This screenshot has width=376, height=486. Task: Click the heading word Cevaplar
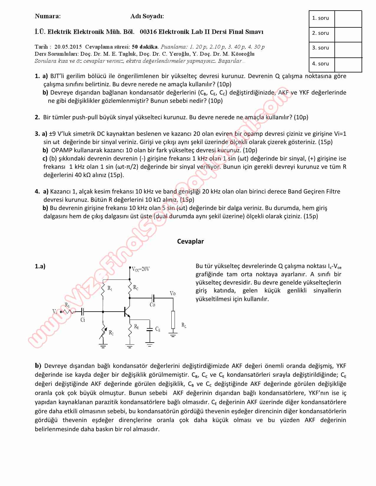point(190,241)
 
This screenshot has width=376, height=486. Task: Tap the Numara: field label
point(48,16)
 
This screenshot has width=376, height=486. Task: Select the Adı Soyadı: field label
point(147,16)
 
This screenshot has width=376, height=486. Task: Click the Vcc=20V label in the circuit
point(141,269)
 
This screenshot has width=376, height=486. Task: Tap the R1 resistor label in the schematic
point(110,289)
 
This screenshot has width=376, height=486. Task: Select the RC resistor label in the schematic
point(136,287)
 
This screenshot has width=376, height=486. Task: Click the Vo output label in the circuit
point(173,293)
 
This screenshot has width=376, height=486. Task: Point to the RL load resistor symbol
point(173,320)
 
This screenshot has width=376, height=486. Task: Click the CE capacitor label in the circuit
point(158,329)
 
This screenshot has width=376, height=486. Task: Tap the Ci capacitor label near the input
point(83,320)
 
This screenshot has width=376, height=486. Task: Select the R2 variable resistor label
point(111,333)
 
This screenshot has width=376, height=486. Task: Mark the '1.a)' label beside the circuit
point(40,266)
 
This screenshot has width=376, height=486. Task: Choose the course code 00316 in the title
point(148,32)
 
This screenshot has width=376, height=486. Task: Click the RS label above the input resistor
point(67,305)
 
